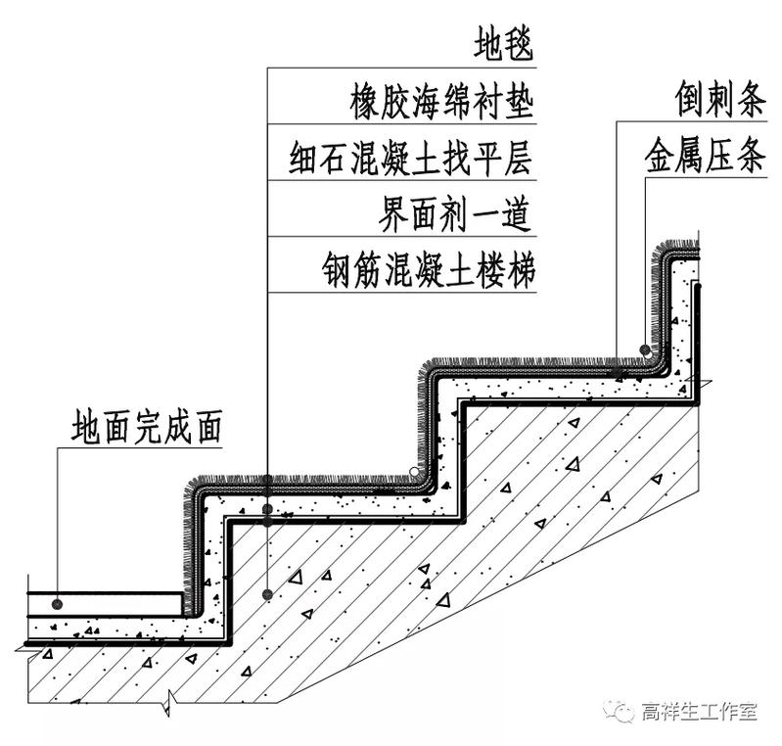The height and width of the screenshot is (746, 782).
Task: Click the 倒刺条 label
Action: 718,99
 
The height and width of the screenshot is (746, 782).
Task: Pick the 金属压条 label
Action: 704,157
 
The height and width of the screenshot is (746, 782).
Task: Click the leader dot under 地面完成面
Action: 59,603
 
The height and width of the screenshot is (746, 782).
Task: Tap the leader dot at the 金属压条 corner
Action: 645,350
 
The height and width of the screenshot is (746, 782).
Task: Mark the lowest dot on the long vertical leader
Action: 267,594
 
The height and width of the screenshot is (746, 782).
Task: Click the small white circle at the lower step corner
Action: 415,473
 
